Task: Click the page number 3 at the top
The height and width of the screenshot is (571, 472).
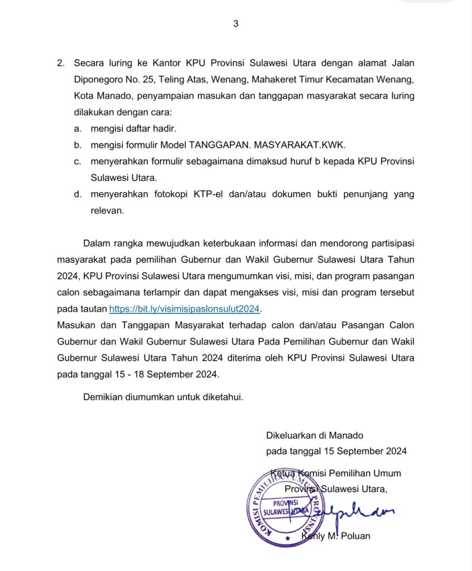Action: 235,23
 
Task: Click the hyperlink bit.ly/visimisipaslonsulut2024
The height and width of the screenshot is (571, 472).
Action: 185,309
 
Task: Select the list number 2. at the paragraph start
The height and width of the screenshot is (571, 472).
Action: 61,63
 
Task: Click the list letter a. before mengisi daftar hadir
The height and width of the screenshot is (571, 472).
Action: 78,129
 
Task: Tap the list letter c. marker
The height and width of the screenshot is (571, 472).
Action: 78,161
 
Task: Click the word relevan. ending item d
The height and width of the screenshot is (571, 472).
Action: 107,211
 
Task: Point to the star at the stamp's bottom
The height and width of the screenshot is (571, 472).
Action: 287,539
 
